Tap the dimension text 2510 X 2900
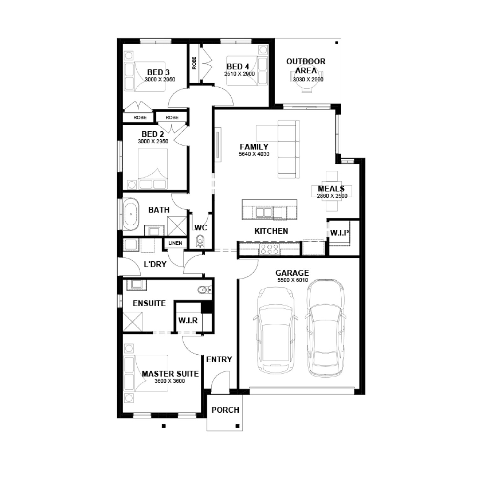point(239,74)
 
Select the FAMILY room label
point(254,147)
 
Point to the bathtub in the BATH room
point(131,214)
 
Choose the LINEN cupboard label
point(175,243)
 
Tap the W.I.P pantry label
point(339,233)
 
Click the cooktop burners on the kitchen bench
point(270,249)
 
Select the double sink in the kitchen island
point(263,212)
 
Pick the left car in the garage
point(275,330)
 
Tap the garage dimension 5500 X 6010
point(292,280)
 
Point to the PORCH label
point(225,410)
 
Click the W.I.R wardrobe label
point(188,320)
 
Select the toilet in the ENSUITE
point(204,290)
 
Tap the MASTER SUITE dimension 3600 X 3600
point(170,381)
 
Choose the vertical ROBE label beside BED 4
point(194,63)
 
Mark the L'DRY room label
point(155,264)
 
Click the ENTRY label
point(219,359)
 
